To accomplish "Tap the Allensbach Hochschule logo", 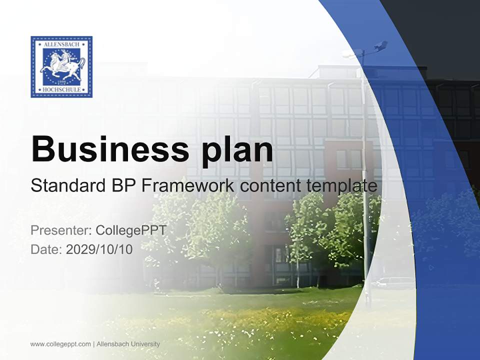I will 61,66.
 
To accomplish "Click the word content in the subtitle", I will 270,186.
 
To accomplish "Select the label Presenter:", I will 60,230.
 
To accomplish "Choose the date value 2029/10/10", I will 99,249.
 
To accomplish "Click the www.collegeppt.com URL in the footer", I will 60,344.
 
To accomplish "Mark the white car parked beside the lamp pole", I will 395,283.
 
